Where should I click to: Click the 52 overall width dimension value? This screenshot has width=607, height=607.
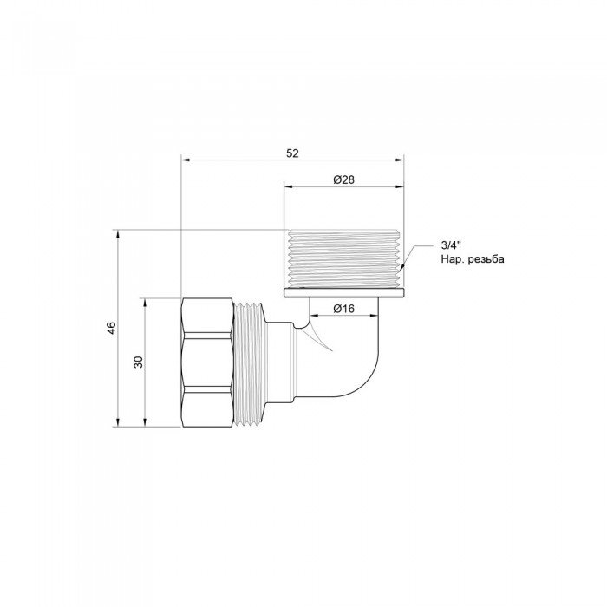click(292, 153)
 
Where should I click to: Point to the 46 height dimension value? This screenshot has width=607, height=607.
click(110, 328)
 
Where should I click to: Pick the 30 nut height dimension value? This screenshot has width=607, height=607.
click(136, 362)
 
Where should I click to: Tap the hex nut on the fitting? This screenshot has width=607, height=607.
click(208, 362)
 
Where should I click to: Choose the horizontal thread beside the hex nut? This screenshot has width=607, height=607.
click(248, 362)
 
